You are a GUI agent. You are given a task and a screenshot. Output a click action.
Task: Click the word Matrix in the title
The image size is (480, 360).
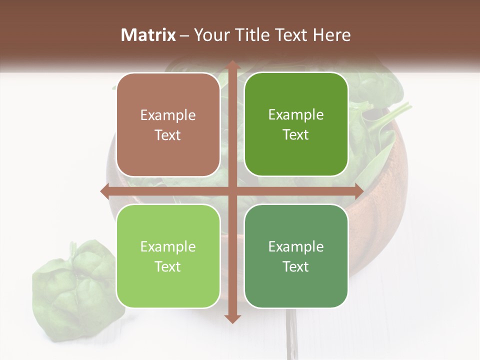tap(148, 34)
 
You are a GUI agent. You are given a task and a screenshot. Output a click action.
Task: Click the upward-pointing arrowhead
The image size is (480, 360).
tap(232, 65)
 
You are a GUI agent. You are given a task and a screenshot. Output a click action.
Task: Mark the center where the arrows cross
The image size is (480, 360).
tap(232, 191)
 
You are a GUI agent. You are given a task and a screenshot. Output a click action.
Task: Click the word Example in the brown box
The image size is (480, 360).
tap(168, 115)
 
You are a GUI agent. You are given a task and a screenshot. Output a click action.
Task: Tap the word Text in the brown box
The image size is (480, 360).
tap(168, 135)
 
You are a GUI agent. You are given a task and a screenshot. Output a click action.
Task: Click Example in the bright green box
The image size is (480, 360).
tap(296, 115)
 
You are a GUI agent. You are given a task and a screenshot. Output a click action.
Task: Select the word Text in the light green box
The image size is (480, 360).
tap(168, 266)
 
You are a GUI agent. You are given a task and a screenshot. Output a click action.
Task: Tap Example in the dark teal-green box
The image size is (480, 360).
tap(296, 246)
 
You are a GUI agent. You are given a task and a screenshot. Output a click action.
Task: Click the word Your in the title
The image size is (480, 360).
tap(210, 34)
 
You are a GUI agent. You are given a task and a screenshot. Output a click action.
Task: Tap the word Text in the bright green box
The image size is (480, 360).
tap(296, 134)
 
